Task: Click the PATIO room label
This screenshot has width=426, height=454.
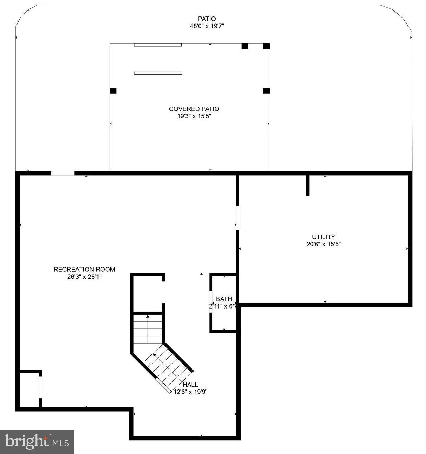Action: (x=207, y=19)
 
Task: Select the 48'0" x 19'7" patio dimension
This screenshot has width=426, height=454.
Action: (x=207, y=26)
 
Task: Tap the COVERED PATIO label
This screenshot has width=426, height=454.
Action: (x=194, y=109)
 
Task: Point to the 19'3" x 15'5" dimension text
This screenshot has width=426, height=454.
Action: (x=194, y=116)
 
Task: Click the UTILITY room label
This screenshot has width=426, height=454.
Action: (x=323, y=237)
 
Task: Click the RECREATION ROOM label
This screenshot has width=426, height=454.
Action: (x=84, y=270)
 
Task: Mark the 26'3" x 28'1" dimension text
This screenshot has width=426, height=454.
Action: (x=84, y=277)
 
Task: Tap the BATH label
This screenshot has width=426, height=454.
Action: (x=224, y=299)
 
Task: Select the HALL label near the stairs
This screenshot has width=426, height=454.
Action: (x=190, y=385)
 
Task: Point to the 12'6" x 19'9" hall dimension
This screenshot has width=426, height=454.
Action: (x=191, y=392)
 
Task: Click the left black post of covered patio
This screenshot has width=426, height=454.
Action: (x=113, y=90)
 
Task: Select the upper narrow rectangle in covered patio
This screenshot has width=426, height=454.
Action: (x=158, y=45)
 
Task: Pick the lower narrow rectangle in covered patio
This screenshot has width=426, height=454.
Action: (x=158, y=73)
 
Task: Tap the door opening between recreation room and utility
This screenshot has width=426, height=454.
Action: (x=237, y=218)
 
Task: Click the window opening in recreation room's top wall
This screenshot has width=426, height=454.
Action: (x=63, y=173)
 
